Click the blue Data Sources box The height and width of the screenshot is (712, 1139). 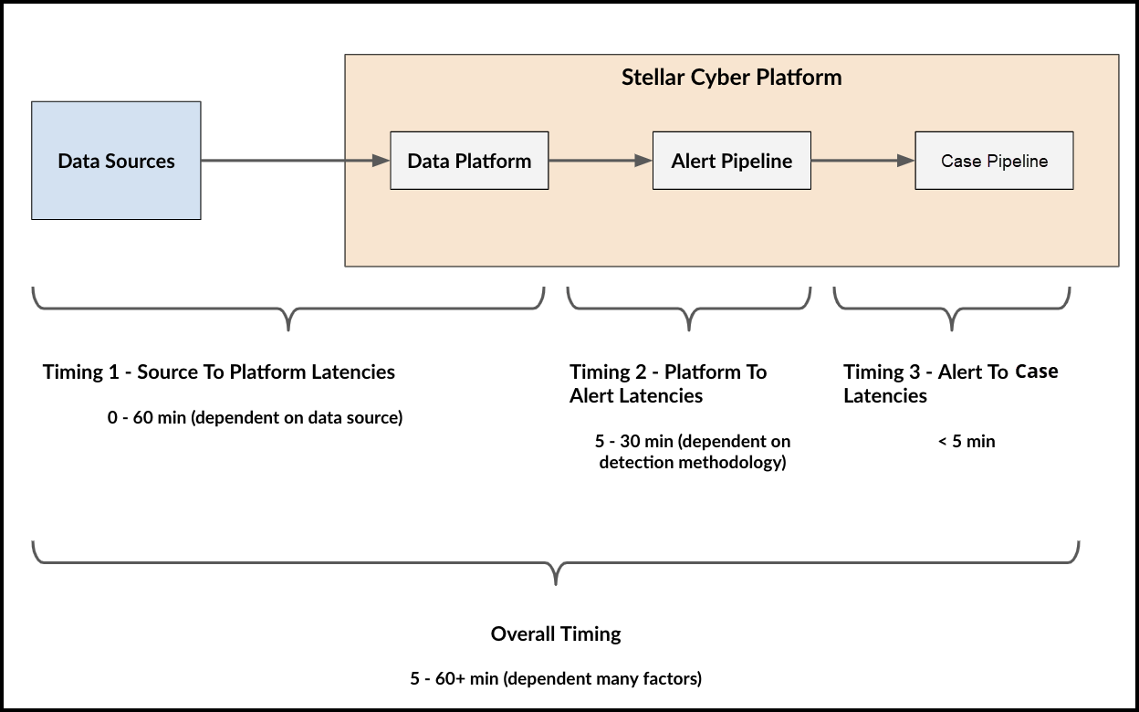pos(116,161)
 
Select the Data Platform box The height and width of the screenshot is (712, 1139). pos(469,161)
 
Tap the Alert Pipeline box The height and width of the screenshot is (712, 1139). pos(731,161)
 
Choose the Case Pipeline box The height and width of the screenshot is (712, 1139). pos(994,161)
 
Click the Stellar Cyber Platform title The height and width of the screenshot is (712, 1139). pos(731,77)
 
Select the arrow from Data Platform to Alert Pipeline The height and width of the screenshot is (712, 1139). pos(601,161)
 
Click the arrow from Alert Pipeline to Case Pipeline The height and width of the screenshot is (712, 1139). pos(862,161)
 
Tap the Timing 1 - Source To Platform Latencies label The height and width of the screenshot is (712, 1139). pos(219,372)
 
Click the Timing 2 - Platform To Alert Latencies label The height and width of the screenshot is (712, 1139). pos(668,383)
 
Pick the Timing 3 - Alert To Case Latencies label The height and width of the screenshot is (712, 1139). pos(950,383)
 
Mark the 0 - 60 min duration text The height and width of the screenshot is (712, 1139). pos(255,418)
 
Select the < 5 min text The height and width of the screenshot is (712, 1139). pos(966,442)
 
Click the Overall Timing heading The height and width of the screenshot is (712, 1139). pos(556,633)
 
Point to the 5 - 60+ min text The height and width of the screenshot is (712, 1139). pos(556,678)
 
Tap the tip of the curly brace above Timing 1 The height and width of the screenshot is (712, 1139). pos(289,327)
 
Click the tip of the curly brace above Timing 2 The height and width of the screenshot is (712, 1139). pos(689,327)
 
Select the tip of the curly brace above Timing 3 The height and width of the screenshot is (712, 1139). pos(953,327)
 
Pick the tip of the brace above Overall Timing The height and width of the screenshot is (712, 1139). pos(556,581)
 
